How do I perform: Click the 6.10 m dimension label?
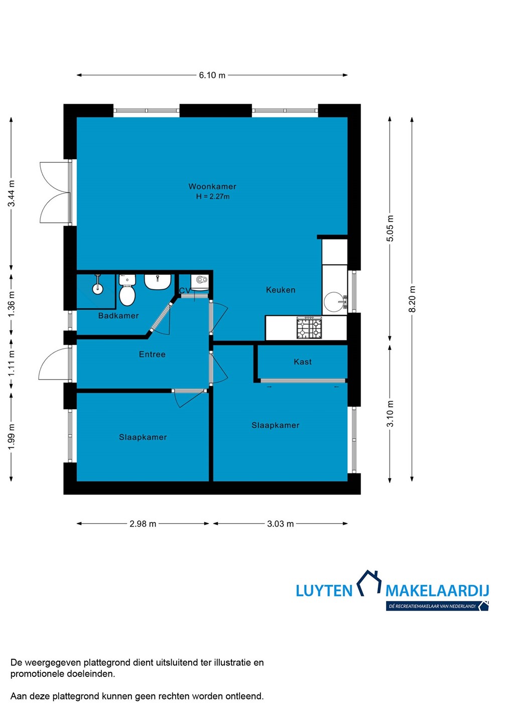click(x=212, y=75)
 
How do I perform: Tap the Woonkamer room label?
click(x=212, y=186)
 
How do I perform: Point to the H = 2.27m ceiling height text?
click(x=213, y=196)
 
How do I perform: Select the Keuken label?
click(x=281, y=290)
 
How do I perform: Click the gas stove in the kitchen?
click(x=309, y=327)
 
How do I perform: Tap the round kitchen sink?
click(x=334, y=302)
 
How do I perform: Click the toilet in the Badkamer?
click(x=127, y=290)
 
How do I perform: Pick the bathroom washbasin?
click(x=158, y=282)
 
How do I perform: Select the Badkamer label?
click(x=118, y=316)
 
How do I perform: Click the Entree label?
click(x=152, y=354)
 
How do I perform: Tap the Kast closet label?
click(x=303, y=362)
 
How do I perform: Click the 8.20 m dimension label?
click(x=412, y=299)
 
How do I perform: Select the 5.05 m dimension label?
click(x=390, y=228)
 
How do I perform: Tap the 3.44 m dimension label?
click(x=11, y=193)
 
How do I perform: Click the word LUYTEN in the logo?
click(x=324, y=590)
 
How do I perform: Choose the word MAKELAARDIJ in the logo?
click(x=437, y=590)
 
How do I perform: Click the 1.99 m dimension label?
click(x=11, y=436)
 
